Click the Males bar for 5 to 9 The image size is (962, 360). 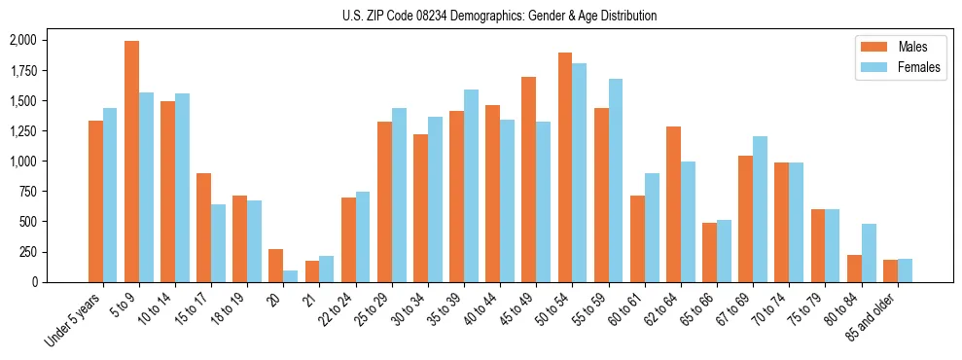tap(131, 162)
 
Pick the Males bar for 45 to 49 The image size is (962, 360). tap(529, 179)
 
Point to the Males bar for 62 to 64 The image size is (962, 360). tap(673, 204)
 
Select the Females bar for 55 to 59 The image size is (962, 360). tap(616, 180)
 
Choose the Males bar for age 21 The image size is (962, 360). tap(312, 271)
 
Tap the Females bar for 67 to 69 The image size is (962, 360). tap(761, 209)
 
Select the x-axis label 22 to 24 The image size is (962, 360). tap(337, 310)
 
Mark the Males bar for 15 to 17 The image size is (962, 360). tap(203, 228)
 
